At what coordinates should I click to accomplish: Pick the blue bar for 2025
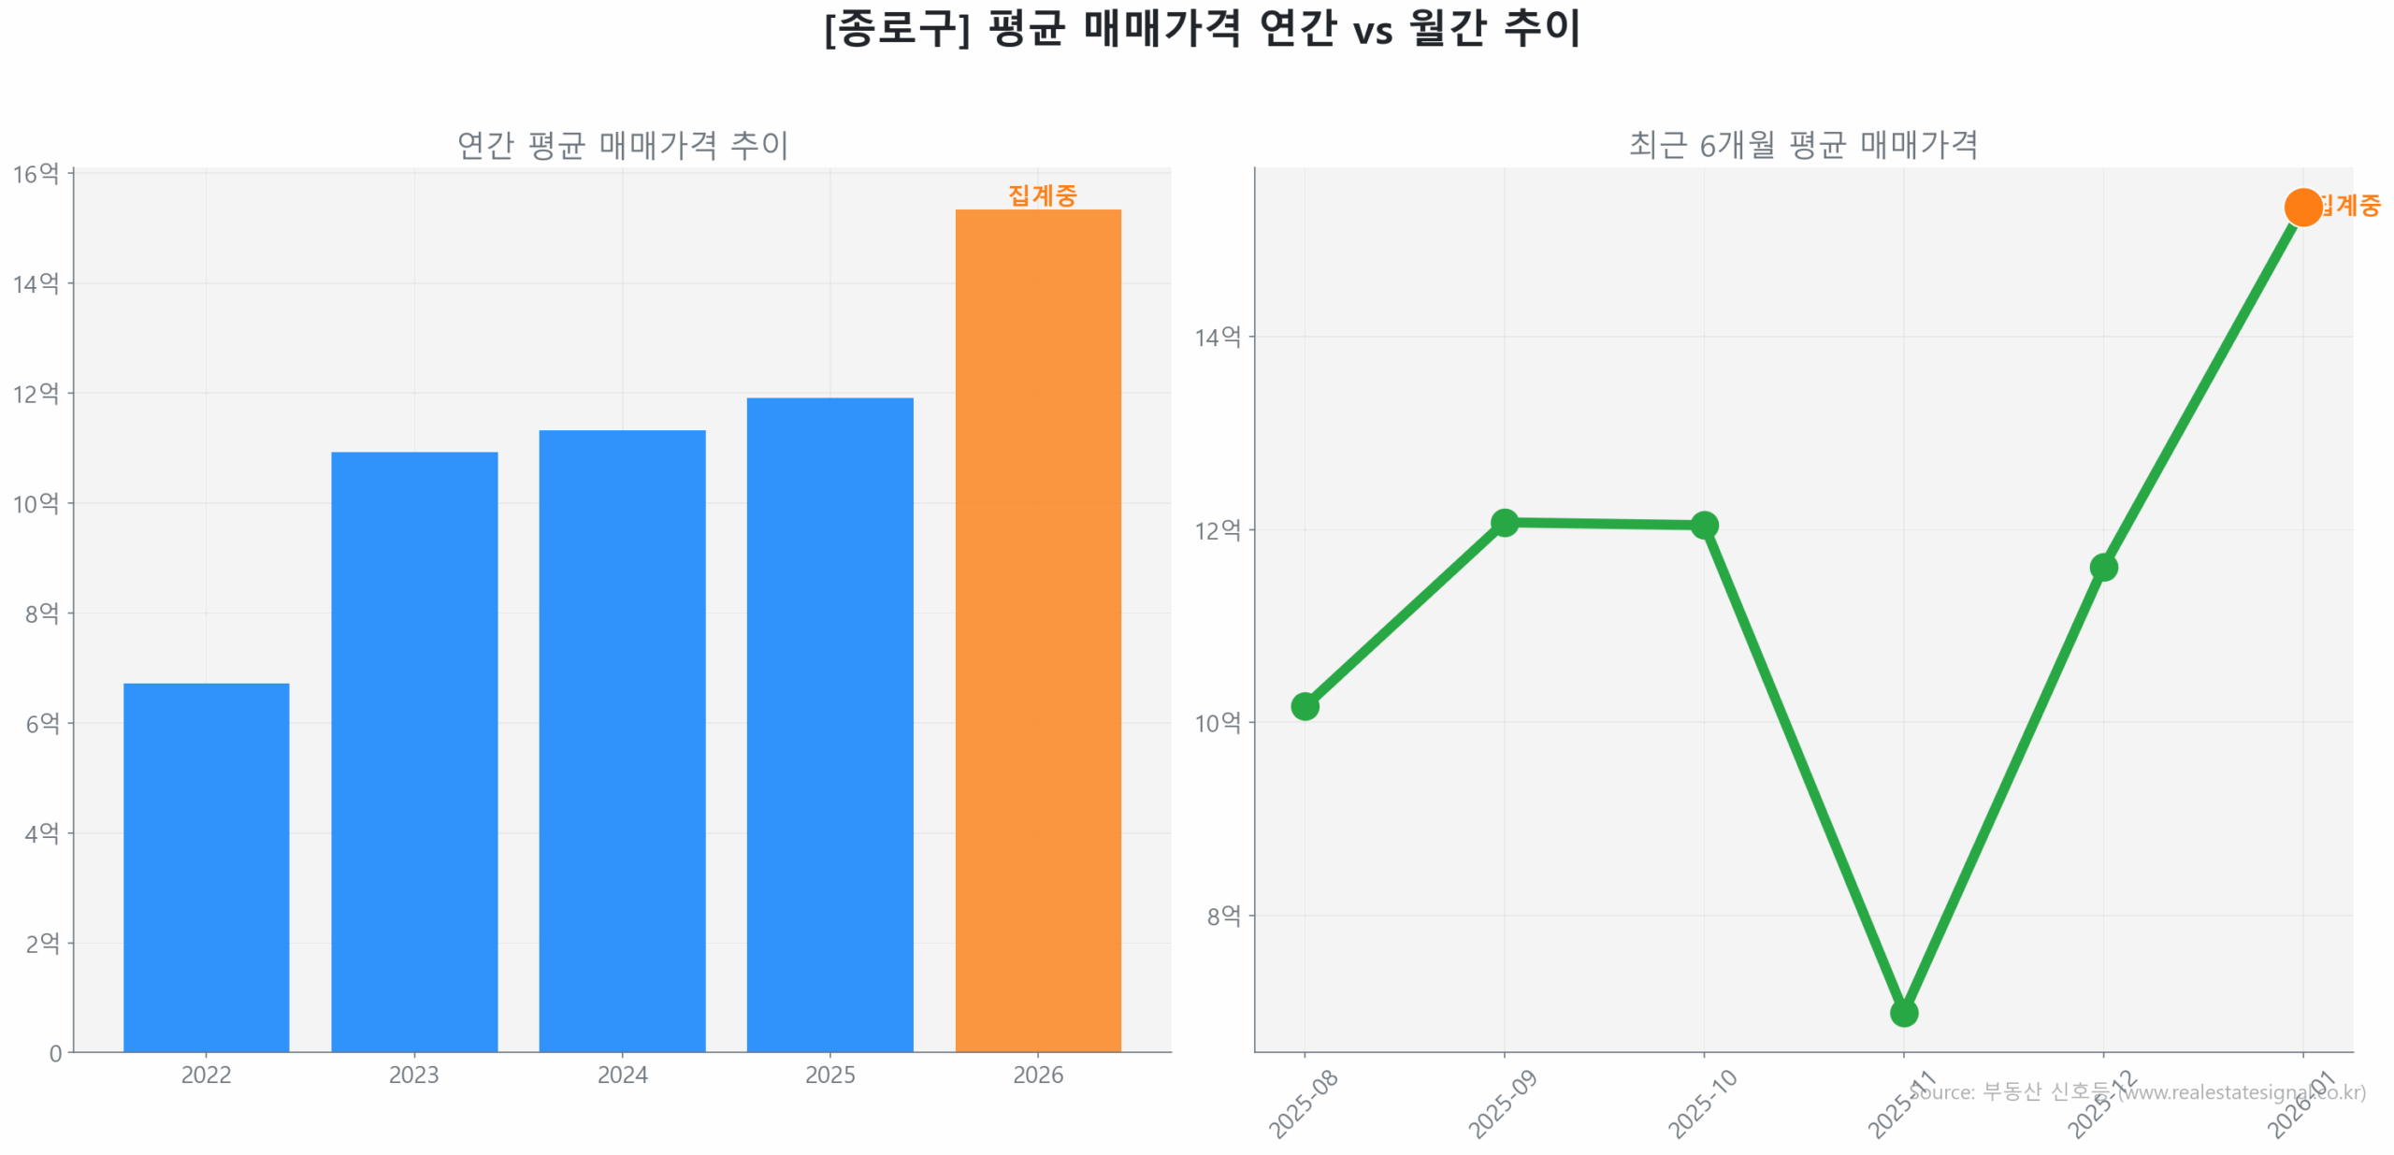(829, 724)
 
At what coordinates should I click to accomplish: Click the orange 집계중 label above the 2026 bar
(1042, 195)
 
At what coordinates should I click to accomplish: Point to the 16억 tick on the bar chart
(36, 174)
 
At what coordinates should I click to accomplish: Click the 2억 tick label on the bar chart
(42, 943)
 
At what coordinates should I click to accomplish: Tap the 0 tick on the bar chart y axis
(55, 1053)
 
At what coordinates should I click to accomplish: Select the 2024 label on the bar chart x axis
(622, 1075)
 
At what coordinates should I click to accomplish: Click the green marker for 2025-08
(1305, 706)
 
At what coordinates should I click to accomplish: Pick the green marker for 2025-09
(1504, 522)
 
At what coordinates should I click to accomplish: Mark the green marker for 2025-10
(1704, 525)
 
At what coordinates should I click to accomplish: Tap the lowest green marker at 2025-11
(1903, 1012)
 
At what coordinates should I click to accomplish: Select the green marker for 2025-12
(2103, 567)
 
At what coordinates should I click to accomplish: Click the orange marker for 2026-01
(2302, 207)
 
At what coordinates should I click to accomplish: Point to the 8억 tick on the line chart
(1223, 916)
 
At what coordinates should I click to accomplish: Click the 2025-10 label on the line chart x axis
(1702, 1104)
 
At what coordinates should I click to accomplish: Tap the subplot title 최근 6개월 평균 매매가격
(1803, 144)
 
